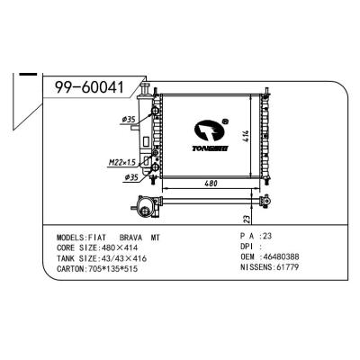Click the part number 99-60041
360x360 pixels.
pos(89,87)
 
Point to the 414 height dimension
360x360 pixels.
pos(246,136)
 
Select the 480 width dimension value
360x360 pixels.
pos(211,183)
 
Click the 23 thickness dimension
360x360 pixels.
pos(247,219)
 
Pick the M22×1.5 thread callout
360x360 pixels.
pos(122,163)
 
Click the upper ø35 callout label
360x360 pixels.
pos(129,120)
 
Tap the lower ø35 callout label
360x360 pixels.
pos(131,177)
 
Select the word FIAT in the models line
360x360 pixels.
pos(97,238)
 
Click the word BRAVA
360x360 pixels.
pos(130,238)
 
